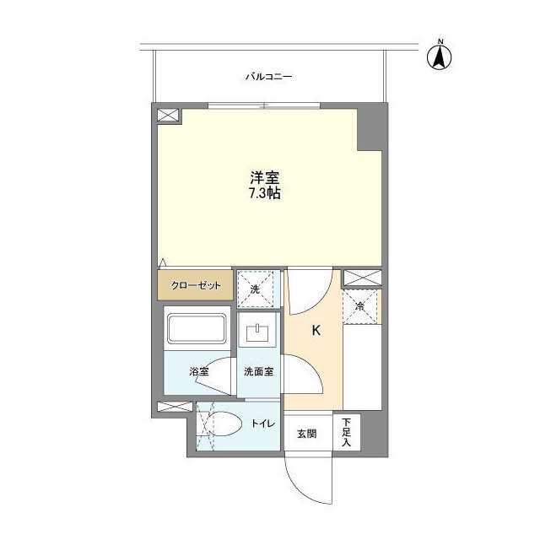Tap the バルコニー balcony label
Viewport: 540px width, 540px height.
pos(268,77)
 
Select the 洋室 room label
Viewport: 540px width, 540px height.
pos(264,178)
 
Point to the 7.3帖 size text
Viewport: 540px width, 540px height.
pos(264,193)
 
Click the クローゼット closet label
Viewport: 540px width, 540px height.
pos(196,286)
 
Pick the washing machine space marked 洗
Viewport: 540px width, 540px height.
pos(256,289)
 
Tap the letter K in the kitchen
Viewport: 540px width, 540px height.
pos(316,331)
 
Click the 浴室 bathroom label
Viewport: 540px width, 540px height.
pos(199,371)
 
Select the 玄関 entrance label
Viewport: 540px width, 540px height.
pos(306,434)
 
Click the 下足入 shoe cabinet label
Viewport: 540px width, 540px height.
pos(346,432)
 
